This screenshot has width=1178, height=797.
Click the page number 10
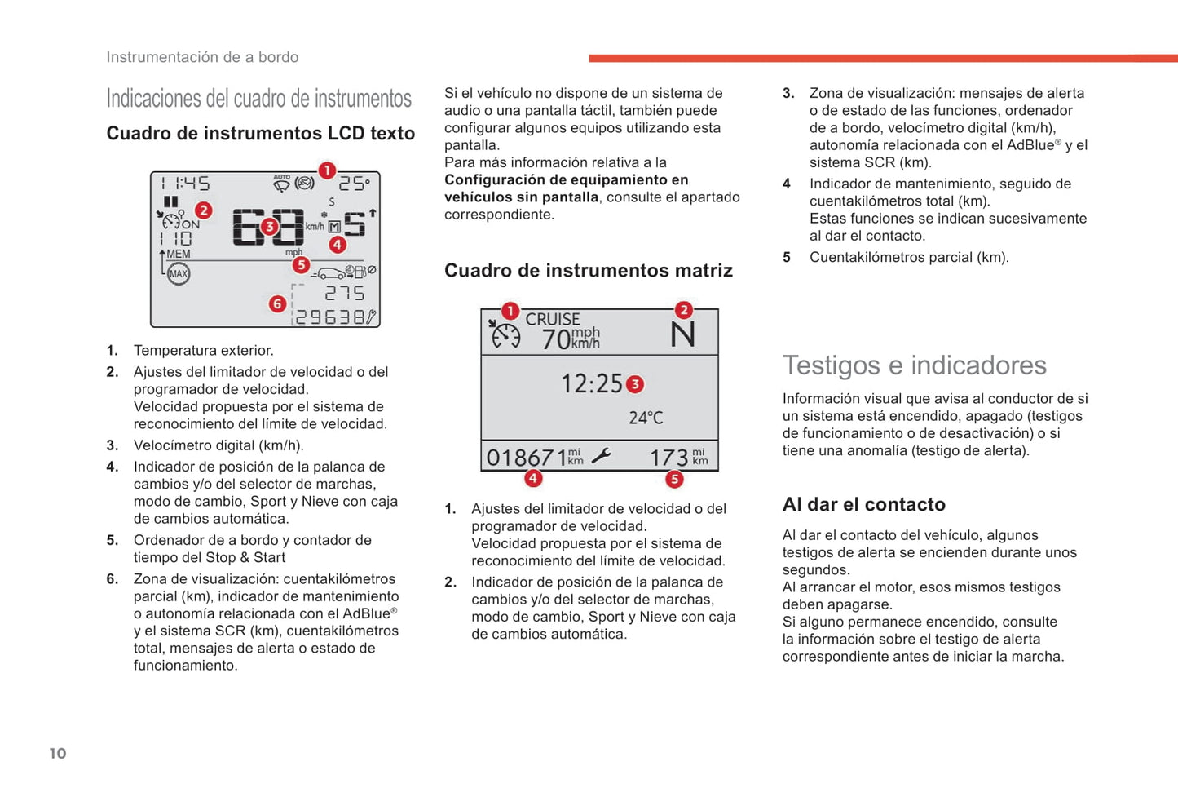pos(58,753)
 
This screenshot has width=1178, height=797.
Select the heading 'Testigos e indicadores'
pos(914,365)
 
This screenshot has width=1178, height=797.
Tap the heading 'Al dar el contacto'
pos(863,504)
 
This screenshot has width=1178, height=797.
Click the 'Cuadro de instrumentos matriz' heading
pos(588,271)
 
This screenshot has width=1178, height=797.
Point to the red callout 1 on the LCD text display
pos(327,170)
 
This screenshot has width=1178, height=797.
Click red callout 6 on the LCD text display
pos(278,304)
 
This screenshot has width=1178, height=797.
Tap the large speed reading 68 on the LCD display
pos(268,227)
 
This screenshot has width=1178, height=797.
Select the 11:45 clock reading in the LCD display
pos(185,184)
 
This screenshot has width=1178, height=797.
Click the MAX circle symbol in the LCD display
pos(179,274)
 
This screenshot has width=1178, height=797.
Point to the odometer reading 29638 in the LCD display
pos(329,317)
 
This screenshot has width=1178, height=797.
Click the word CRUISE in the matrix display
pos(553,319)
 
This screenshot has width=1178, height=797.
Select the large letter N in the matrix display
pos(682,334)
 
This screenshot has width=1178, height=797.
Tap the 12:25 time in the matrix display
pos(591,383)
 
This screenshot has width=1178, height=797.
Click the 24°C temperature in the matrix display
pos(646,418)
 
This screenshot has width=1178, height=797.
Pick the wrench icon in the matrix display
pos(601,456)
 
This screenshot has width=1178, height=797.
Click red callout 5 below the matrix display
pos(674,479)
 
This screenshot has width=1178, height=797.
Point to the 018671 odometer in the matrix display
pos(527,458)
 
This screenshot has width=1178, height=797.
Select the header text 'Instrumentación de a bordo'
pos(202,57)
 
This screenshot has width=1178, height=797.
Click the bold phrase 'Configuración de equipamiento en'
pos(566,179)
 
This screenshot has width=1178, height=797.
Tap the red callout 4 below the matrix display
pos(533,478)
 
